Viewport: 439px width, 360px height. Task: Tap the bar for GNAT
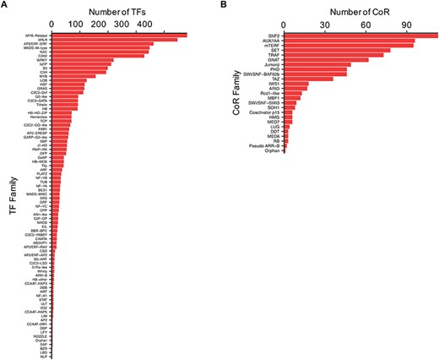point(341,59)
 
